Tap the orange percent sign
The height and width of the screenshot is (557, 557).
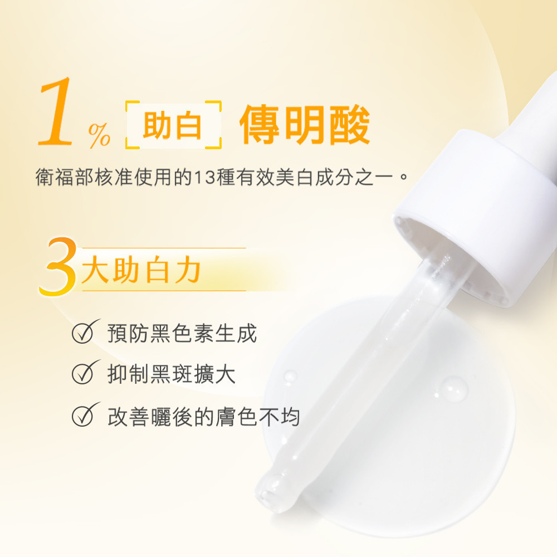tap(99, 135)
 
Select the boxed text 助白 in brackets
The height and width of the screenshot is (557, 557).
tap(172, 125)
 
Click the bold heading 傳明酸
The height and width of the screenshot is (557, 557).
tap(305, 125)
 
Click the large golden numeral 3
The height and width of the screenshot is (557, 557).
tap(58, 266)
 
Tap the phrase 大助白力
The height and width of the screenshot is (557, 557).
tap(141, 270)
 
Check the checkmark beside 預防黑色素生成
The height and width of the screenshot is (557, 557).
tap(85, 331)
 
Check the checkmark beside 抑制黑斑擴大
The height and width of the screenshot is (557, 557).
tap(85, 372)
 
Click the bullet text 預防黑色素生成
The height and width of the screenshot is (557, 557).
tap(182, 334)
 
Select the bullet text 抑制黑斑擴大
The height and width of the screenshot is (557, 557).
tap(171, 374)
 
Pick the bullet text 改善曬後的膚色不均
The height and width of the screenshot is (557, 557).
tap(203, 417)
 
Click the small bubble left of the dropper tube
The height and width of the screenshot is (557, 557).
tap(290, 377)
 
